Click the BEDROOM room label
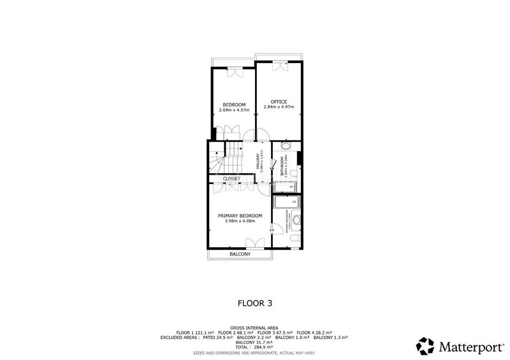point(233,104)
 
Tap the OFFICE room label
point(279,102)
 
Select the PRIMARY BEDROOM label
point(240,216)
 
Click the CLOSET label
point(231,178)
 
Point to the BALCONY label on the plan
point(240,254)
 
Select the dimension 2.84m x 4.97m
point(279,107)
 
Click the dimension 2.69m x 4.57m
point(233,110)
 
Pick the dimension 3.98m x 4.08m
point(240,221)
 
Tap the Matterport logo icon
point(425,347)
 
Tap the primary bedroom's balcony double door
point(254,242)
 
